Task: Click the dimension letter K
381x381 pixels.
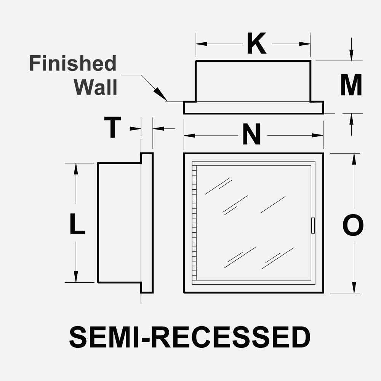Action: coord(256,44)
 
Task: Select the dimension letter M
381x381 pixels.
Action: coord(351,86)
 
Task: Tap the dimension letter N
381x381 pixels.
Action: coord(251,136)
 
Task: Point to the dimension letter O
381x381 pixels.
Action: coord(353,226)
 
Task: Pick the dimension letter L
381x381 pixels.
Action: coord(77,224)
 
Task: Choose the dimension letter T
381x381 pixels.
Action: coord(113,128)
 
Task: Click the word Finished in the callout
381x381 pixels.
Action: coord(73,64)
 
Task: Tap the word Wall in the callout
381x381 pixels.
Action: coord(96,87)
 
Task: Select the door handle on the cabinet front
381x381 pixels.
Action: coord(313,226)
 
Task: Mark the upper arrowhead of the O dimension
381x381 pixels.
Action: coord(354,158)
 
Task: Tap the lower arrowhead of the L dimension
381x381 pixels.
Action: coord(76,277)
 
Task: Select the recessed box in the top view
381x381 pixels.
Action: coord(253,81)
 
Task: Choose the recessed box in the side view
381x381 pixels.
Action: coord(119,223)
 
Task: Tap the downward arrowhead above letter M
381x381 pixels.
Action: coord(351,56)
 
